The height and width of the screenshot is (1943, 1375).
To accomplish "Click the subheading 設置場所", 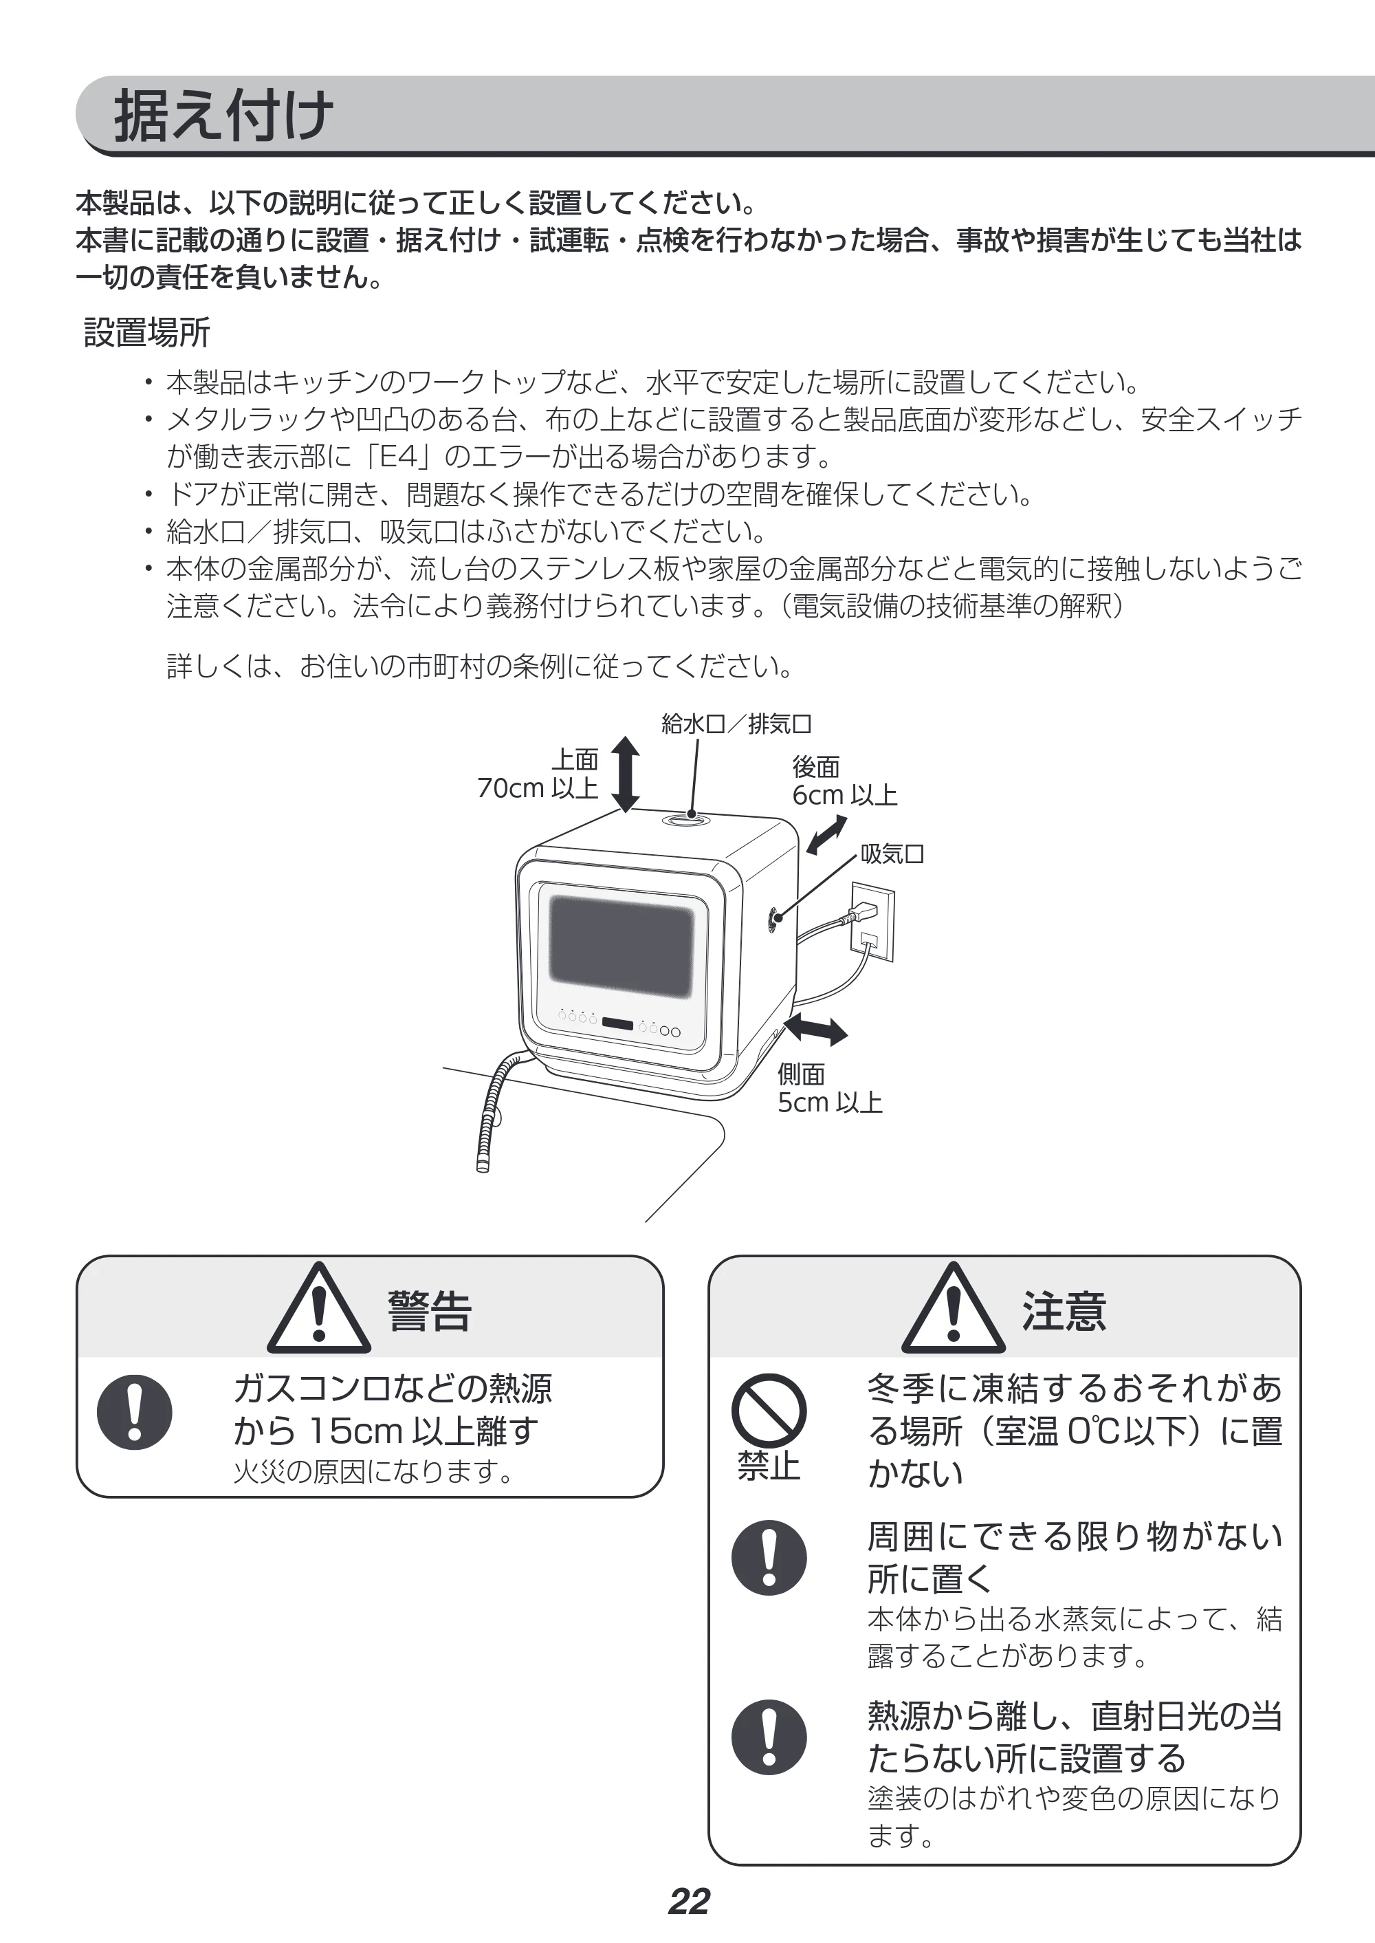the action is pos(146,333).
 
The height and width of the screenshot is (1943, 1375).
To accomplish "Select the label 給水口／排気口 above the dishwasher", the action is pos(736,724).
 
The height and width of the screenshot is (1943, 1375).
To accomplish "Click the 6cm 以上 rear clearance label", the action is pos(844,795).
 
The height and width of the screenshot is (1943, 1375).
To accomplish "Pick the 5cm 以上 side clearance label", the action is pos(830,1103).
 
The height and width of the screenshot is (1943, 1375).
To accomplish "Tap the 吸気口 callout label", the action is pos(892,854).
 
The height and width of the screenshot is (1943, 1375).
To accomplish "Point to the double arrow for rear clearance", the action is pos(826,834).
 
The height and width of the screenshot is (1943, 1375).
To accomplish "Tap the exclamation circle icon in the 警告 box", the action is pos(135,1412).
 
